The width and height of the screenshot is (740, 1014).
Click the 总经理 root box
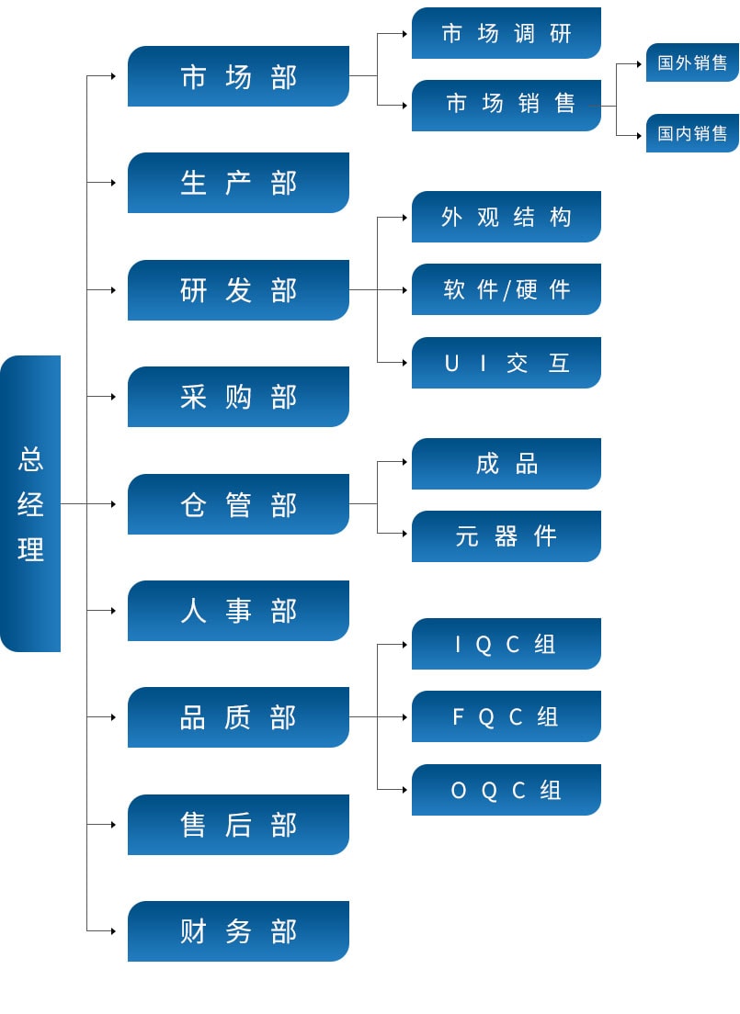point(30,503)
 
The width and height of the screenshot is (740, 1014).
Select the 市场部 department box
point(238,76)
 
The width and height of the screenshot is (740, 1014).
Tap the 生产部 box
point(238,183)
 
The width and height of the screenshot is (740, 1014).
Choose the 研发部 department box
point(238,290)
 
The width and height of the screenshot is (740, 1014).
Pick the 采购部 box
point(238,397)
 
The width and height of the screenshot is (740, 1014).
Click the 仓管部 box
point(238,504)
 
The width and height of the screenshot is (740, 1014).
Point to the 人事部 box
point(238,611)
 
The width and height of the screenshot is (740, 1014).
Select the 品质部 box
point(238,717)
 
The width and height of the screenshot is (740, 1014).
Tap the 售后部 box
point(238,825)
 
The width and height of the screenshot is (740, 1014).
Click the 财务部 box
point(238,931)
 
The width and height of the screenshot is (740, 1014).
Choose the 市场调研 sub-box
point(507,33)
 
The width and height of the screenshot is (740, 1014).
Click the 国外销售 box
point(692,62)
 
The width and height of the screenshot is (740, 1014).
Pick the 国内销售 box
point(692,133)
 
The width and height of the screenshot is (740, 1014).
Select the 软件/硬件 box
point(507,289)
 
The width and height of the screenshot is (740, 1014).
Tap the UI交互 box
point(507,363)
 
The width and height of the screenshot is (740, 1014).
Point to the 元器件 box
point(507,536)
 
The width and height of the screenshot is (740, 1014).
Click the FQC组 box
point(507,716)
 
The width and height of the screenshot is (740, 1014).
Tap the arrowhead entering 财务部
point(113,931)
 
